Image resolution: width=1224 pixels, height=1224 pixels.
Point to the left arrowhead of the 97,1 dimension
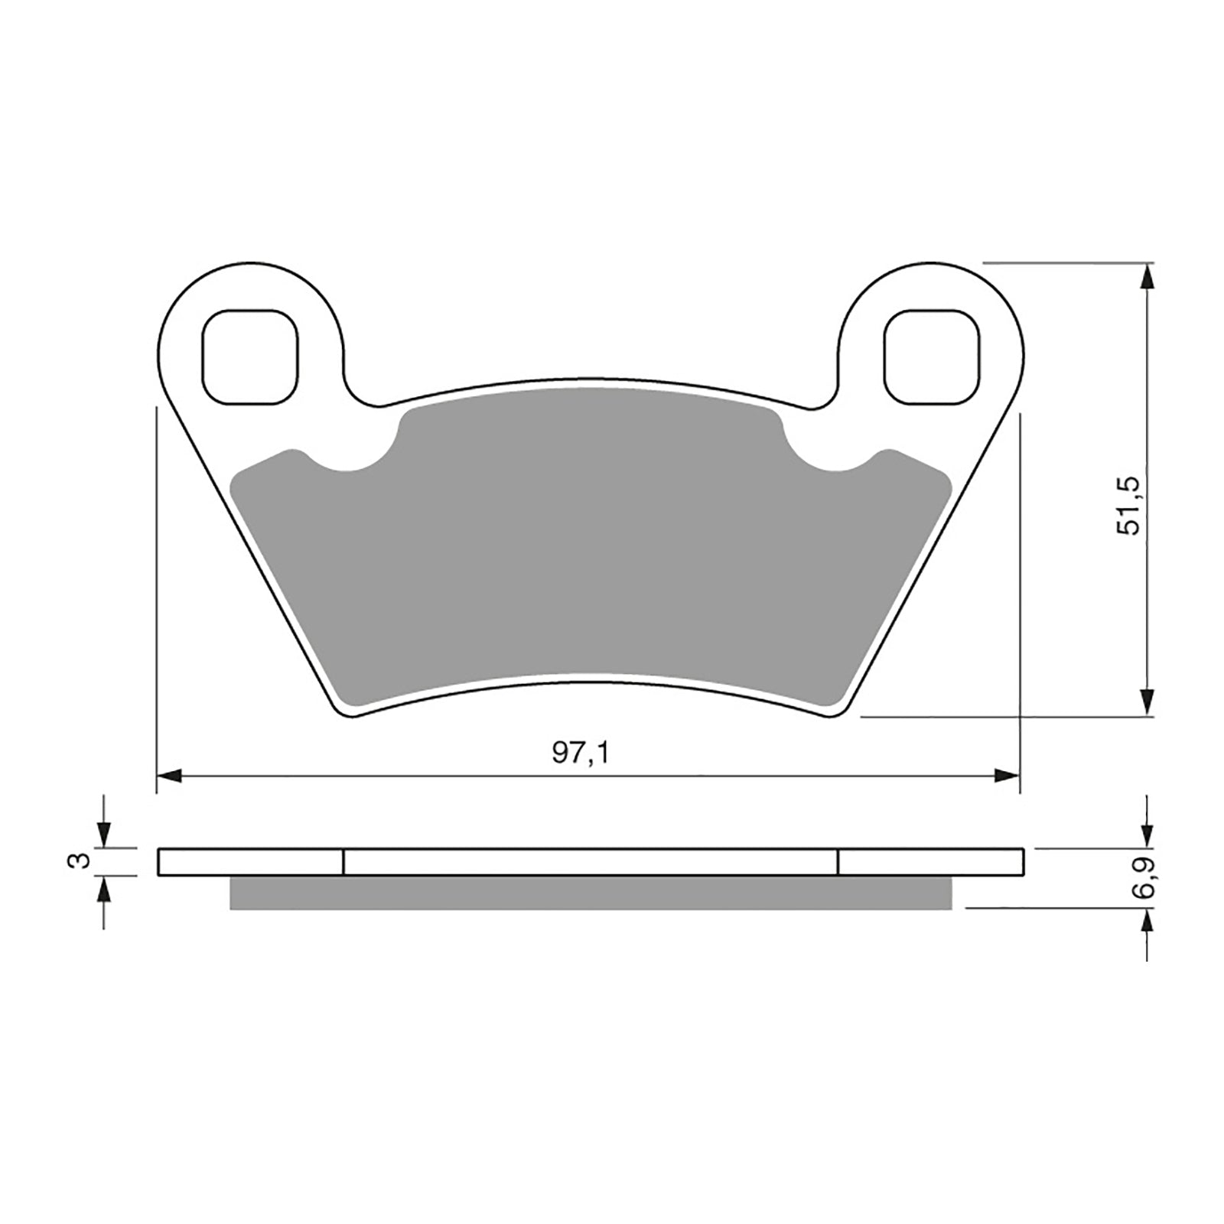[168, 776]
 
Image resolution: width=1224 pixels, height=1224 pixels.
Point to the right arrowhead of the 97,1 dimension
[1007, 776]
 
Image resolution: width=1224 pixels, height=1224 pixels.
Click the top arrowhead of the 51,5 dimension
[1147, 276]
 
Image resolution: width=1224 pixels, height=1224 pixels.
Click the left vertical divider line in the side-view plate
[343, 861]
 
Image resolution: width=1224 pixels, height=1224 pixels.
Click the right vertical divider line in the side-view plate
[838, 861]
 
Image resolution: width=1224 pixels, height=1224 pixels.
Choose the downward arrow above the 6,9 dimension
[1147, 835]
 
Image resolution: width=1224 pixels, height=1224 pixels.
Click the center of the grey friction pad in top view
[591, 551]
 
